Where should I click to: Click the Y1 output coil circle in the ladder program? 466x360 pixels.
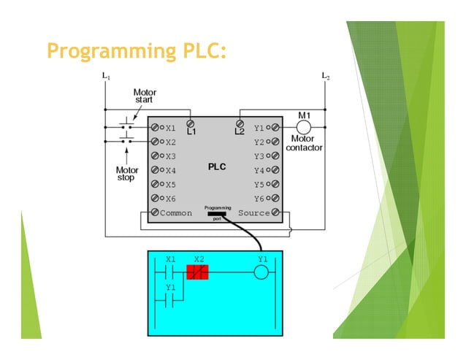pos(261,273)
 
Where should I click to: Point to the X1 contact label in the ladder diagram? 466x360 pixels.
pos(171,259)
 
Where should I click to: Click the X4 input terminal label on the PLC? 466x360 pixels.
pos(170,170)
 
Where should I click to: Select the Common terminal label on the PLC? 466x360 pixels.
pos(176,213)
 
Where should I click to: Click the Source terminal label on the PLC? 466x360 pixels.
pos(253,213)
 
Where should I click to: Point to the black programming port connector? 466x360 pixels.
pos(217,213)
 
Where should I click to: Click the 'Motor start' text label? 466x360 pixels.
pos(144,96)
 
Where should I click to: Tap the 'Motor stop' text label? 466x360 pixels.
pos(126,174)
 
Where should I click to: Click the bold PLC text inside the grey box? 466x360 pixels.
pos(217,166)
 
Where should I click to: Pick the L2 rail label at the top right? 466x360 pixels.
pos(325,75)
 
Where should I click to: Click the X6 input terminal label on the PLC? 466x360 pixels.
pos(170,199)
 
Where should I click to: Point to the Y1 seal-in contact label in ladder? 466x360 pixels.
pos(171,288)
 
